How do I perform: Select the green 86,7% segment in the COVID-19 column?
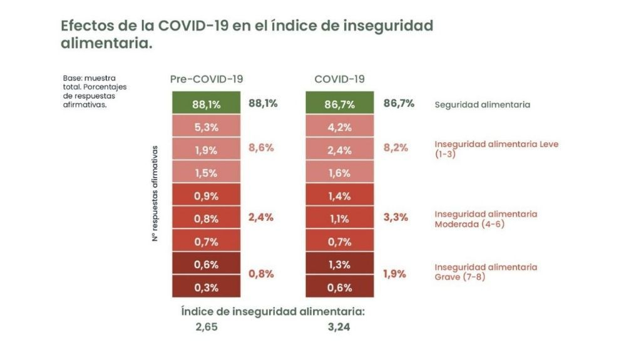339,104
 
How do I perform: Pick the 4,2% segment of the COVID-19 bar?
339,127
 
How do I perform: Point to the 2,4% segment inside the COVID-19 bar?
339,150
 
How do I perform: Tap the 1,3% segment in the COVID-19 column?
339,264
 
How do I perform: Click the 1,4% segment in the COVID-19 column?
339,196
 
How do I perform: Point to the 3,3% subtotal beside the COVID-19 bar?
396,217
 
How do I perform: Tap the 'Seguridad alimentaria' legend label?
482,105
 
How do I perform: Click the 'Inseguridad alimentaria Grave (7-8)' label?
486,272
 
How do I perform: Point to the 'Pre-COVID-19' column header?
207,79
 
